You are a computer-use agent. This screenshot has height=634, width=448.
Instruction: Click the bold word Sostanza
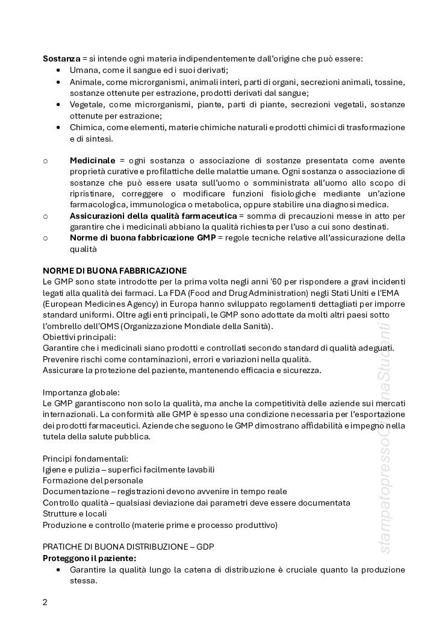(x=61, y=58)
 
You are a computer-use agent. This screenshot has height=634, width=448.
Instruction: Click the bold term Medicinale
(x=92, y=161)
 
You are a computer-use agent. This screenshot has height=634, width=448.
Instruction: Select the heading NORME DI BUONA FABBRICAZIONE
(x=114, y=271)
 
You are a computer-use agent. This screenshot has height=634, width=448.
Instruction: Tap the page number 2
(x=45, y=602)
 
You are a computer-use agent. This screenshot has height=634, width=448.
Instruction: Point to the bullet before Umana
(x=58, y=71)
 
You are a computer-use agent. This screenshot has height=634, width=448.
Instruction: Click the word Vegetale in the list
(x=87, y=104)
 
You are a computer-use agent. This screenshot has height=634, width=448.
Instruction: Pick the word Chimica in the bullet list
(x=86, y=127)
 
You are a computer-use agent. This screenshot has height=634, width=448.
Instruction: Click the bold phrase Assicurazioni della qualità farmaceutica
(x=153, y=215)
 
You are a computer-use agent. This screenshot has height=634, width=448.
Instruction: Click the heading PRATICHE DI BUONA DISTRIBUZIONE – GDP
(x=128, y=547)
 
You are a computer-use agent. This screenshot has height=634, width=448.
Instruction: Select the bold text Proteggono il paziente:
(x=89, y=558)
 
